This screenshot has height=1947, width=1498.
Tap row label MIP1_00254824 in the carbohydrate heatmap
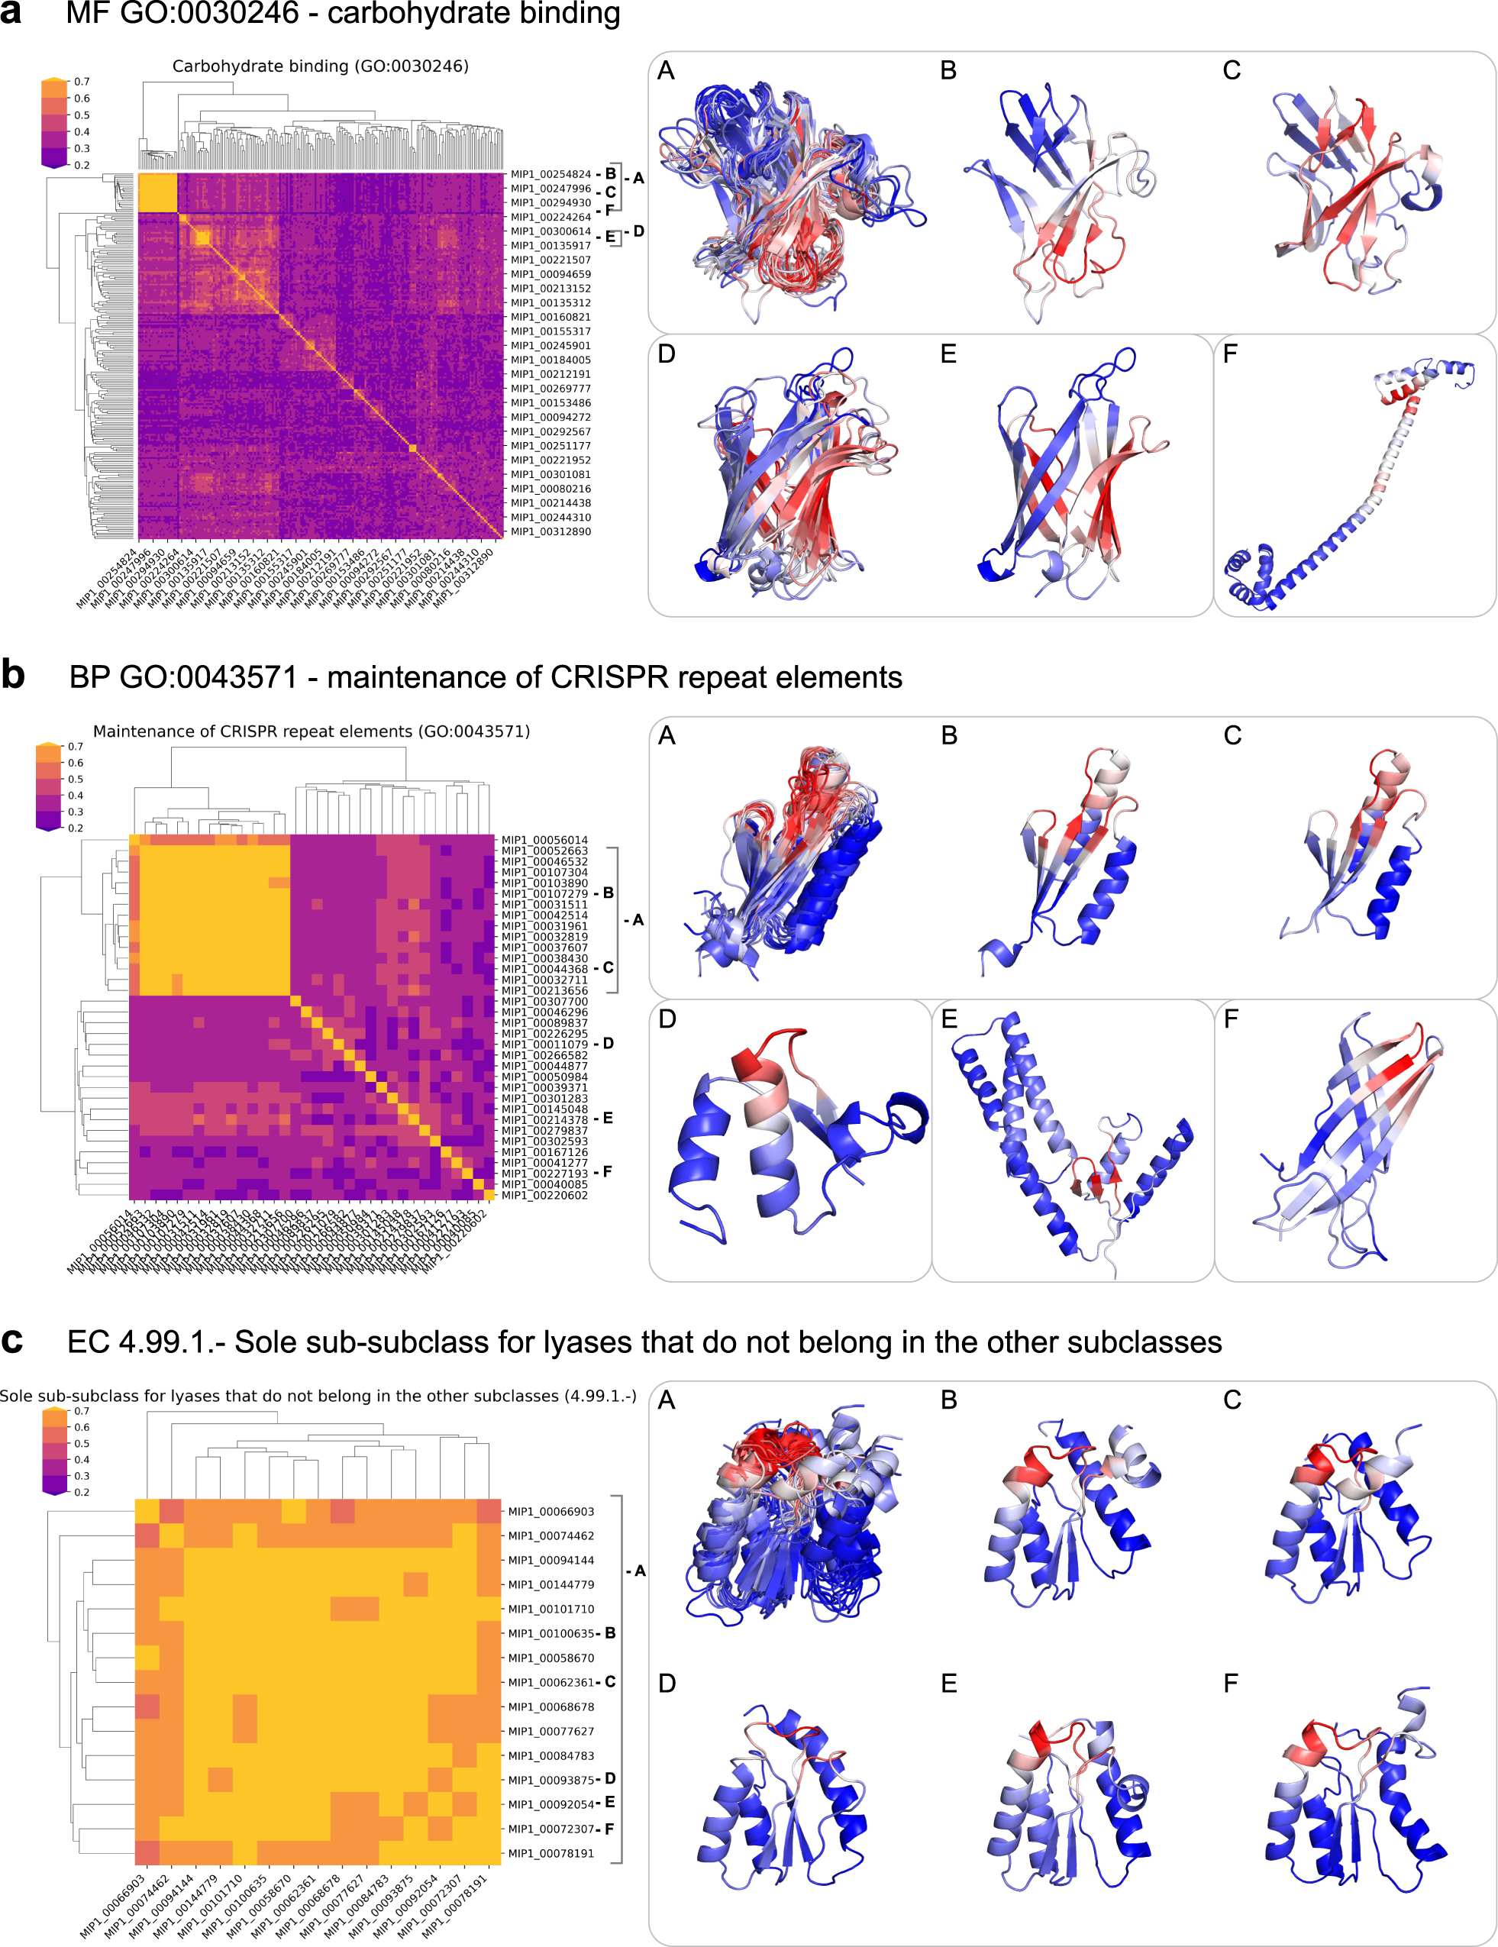(x=550, y=175)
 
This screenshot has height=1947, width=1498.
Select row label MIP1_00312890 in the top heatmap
(x=550, y=532)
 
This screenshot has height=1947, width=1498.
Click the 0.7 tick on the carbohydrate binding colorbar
(x=82, y=82)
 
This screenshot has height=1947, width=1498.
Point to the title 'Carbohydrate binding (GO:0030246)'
(x=320, y=66)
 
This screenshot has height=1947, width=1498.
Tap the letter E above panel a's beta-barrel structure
(x=948, y=355)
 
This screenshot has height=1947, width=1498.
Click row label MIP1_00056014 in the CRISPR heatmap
(x=544, y=841)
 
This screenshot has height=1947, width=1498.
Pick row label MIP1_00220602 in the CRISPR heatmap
(x=544, y=1196)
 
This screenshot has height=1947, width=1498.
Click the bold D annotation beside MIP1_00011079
(x=608, y=1044)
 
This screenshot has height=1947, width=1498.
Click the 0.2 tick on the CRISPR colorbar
(x=76, y=828)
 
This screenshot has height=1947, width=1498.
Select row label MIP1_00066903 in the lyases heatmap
(x=550, y=1512)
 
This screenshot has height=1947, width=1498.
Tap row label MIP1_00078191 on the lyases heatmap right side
(x=550, y=1853)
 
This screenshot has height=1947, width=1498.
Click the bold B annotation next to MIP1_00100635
(x=611, y=1633)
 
